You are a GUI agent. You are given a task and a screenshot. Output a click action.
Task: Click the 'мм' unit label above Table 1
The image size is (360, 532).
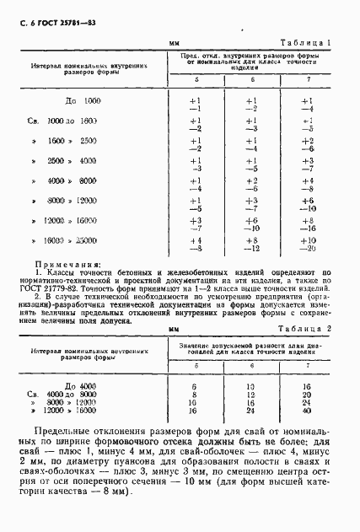175,41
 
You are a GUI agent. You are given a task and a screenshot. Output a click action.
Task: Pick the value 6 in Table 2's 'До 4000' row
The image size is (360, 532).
195,384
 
